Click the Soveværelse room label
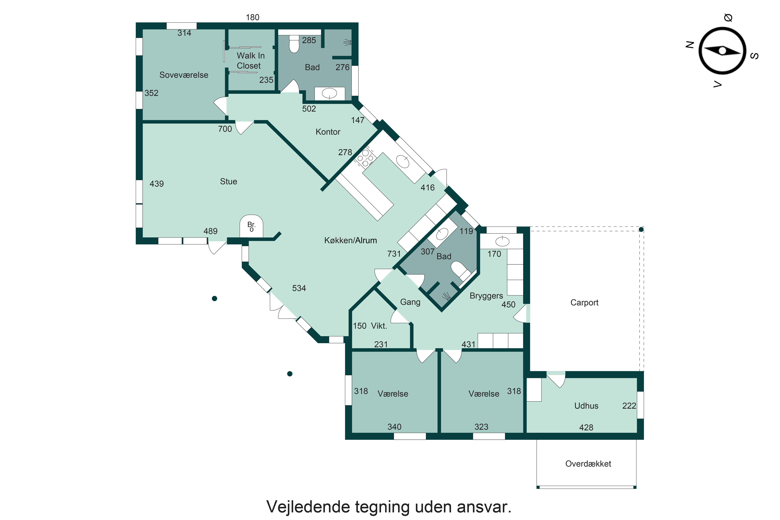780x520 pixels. point(184,75)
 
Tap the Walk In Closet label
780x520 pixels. point(250,61)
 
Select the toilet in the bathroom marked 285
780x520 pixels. point(294,44)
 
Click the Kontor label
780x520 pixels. point(328,132)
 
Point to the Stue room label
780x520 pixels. point(229,181)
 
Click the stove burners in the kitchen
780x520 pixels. point(365,158)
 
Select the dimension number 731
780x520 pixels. point(394,254)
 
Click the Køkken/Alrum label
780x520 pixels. point(350,240)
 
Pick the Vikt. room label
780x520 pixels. point(379,326)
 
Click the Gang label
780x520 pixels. point(410,302)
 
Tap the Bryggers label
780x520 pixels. point(486,296)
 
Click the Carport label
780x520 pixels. point(584,303)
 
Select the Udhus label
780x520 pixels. point(586,406)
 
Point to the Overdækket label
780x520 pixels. point(588,464)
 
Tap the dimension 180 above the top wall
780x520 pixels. point(252,17)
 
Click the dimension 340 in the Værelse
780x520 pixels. point(394,427)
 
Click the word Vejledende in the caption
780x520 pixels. point(308,507)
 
